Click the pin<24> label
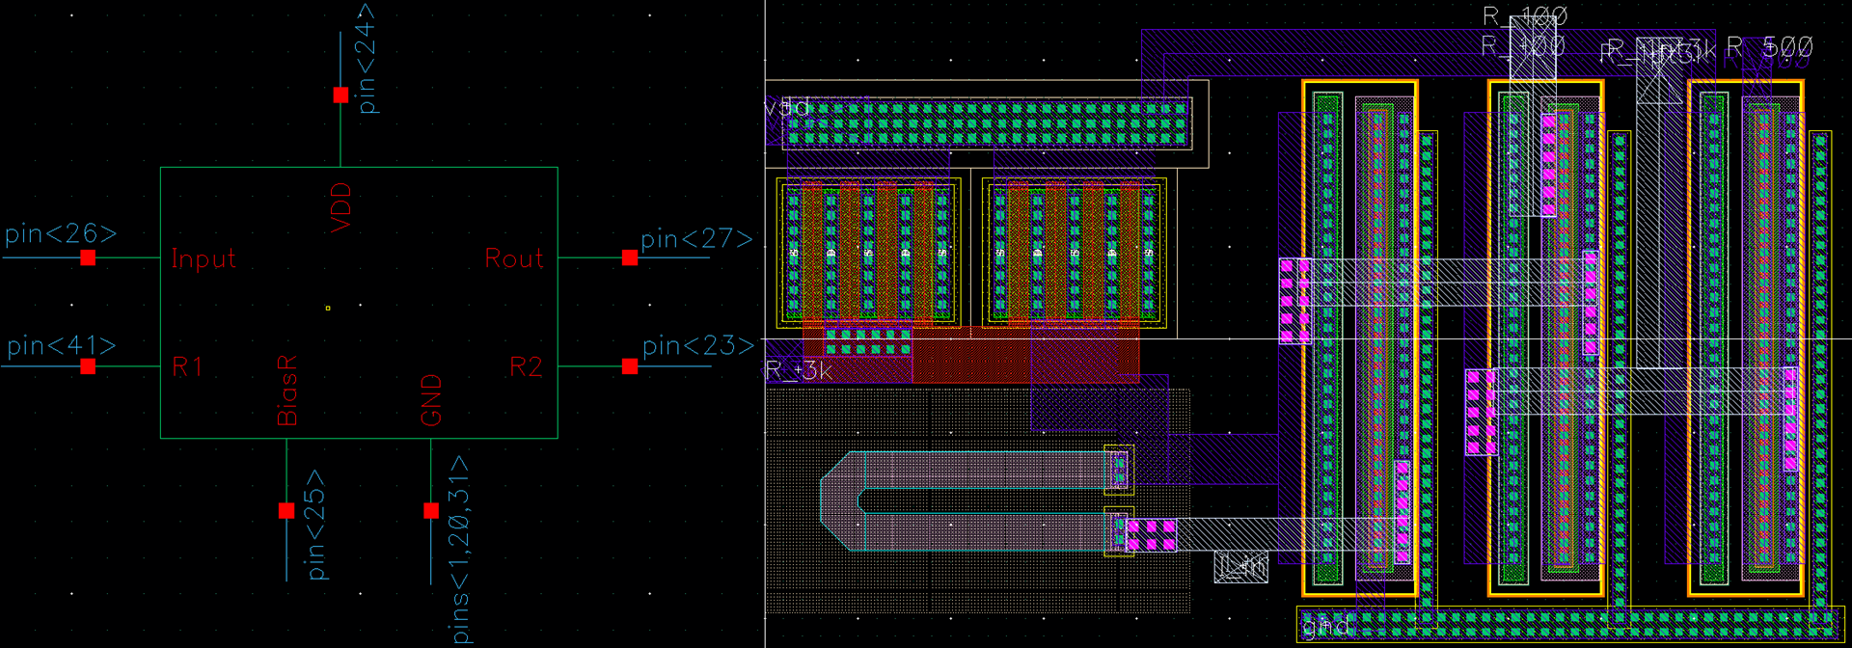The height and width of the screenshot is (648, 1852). [x=366, y=58]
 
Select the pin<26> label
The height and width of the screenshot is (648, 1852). [x=61, y=234]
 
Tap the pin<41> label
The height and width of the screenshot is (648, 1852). [x=61, y=345]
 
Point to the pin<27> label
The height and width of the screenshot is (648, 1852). [x=695, y=238]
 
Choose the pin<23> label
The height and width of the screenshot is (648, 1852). [x=697, y=345]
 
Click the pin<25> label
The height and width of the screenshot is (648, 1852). [x=315, y=525]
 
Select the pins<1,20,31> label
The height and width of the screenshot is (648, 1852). [x=460, y=550]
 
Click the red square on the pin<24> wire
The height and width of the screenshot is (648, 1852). [x=340, y=94]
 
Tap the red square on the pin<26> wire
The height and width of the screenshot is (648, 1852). [x=88, y=257]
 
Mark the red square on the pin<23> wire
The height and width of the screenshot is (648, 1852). [x=630, y=366]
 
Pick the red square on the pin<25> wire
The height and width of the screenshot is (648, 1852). [x=286, y=510]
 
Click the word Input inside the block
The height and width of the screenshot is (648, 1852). [x=203, y=259]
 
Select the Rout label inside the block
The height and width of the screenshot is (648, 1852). [x=514, y=258]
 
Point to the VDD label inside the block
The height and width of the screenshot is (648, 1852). [x=340, y=207]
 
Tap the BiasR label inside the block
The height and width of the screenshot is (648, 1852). [x=287, y=391]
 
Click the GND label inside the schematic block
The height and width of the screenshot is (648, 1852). [x=431, y=400]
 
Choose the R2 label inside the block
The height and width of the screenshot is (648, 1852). [x=526, y=366]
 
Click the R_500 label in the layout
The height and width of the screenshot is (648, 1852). [x=1769, y=47]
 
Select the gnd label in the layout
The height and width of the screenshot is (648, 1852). [x=1325, y=627]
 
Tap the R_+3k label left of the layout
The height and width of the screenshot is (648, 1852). [x=798, y=370]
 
